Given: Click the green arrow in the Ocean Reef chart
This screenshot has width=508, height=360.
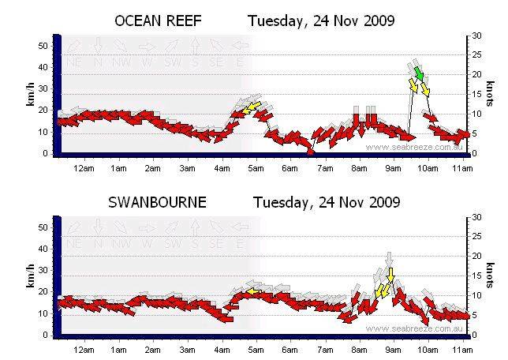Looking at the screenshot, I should point(420,74).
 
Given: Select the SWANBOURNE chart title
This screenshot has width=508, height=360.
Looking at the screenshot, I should point(157,202).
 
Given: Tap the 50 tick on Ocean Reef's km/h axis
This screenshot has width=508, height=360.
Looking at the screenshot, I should point(45,46).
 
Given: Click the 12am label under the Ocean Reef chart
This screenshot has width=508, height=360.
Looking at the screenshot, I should point(84,168).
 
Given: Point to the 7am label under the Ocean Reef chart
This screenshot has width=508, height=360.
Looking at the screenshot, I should point(324,168).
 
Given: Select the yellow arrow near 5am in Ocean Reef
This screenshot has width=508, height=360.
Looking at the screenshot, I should point(252,108).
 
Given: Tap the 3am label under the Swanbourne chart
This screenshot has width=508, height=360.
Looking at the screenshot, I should point(187,349).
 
